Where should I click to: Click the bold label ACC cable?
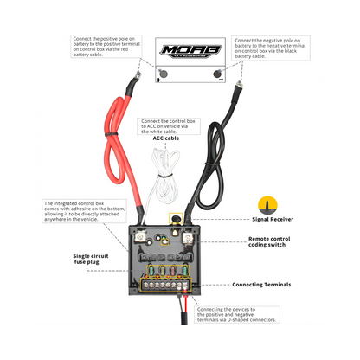(167, 138)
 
